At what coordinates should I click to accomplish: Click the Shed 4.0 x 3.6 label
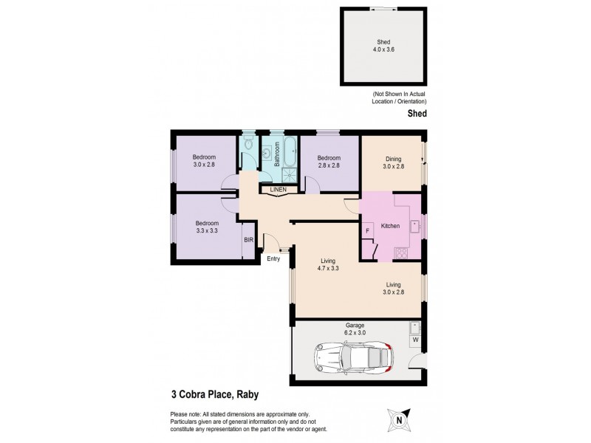[383, 46]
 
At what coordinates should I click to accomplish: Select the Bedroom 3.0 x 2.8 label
[204, 160]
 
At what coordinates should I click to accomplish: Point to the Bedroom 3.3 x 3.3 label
[207, 227]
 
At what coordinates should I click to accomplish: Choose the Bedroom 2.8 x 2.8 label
[329, 162]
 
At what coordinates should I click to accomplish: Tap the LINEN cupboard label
[278, 190]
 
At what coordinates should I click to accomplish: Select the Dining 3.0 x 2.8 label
[393, 162]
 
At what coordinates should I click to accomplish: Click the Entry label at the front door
[273, 258]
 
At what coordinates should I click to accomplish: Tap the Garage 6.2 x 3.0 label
[356, 329]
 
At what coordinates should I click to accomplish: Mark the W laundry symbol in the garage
[414, 340]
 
